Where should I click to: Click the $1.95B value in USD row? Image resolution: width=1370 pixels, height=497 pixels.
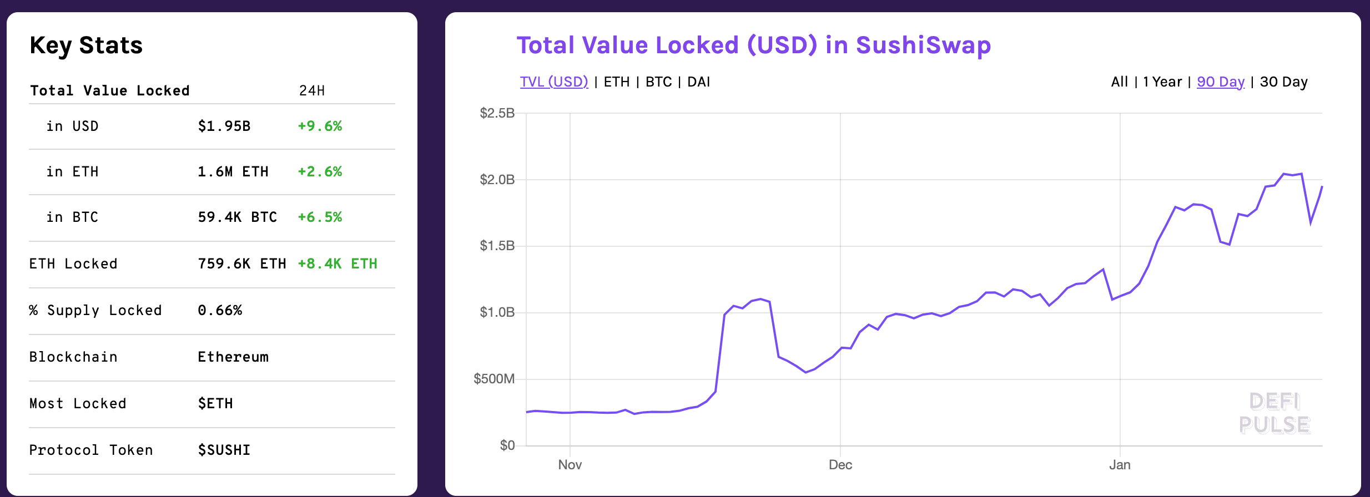(224, 126)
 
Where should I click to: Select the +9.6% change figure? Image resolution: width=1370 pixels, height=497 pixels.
(320, 126)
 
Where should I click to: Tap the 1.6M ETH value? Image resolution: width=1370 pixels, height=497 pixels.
(233, 172)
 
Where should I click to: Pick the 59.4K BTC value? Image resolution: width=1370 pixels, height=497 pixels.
(238, 217)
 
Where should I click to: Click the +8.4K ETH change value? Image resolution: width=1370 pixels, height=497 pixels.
(338, 264)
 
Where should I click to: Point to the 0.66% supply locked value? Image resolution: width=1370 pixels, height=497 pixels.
(220, 311)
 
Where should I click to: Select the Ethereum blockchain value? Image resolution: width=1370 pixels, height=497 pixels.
(233, 357)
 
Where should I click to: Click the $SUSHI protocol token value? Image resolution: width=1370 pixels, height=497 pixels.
(224, 450)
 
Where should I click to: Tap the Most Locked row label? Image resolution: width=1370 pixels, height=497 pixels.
(78, 404)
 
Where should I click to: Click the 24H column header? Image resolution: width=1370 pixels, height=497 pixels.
(312, 91)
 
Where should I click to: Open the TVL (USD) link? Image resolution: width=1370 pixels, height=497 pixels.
(554, 82)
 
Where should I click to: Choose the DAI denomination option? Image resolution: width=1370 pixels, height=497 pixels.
(699, 82)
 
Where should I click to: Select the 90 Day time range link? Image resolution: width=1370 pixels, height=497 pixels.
(1221, 82)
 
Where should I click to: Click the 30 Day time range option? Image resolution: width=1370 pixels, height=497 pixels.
(1284, 82)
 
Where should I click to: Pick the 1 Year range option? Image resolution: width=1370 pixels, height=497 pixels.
(1162, 82)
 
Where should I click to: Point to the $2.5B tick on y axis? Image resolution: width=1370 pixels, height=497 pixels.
(497, 114)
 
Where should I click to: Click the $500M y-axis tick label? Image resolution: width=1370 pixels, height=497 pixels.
(494, 379)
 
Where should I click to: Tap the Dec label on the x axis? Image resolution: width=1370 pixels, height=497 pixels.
(840, 465)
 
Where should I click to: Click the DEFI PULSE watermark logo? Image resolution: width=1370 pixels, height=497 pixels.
(1275, 413)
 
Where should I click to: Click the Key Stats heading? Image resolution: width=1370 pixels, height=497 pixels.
(86, 45)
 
